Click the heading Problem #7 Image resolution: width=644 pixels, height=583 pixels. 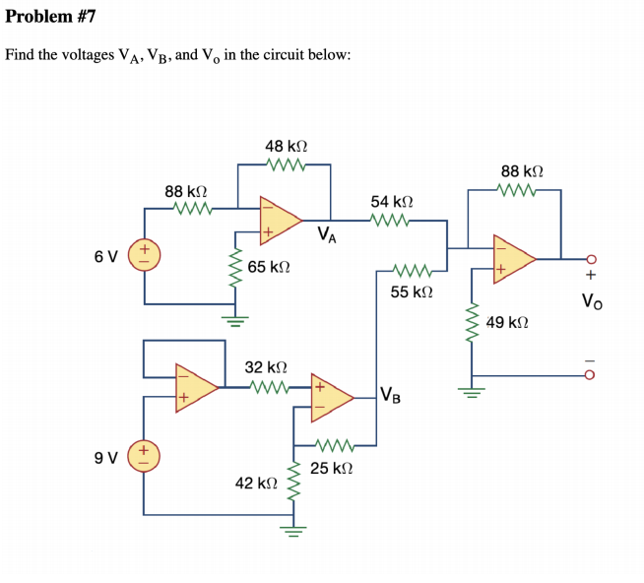click(51, 17)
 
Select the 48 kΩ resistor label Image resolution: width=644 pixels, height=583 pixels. click(287, 146)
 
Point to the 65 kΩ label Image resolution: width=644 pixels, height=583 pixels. click(268, 267)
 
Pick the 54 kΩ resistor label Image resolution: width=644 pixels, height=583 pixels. click(391, 201)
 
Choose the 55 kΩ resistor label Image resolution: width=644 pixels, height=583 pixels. click(412, 292)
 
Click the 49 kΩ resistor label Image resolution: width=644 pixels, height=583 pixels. click(508, 322)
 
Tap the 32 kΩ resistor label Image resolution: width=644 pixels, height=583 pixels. click(265, 366)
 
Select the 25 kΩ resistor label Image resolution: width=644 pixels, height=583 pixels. click(332, 468)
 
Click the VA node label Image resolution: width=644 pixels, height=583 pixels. click(328, 235)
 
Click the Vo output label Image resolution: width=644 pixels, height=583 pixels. click(592, 302)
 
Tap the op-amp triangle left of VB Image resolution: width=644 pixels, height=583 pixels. click(332, 394)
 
